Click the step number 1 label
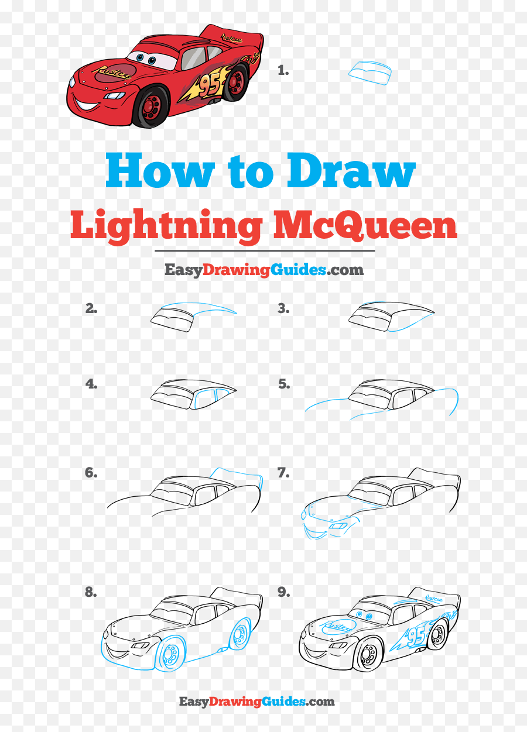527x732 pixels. pos(283,70)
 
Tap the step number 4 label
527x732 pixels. pos(91,384)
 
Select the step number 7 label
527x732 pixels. pos(283,473)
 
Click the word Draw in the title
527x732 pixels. pos(351,171)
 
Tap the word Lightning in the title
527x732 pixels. pos(166,225)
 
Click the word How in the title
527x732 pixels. pos(160,171)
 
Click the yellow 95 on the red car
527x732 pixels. pos(209,85)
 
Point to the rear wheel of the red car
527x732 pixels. pos(236,82)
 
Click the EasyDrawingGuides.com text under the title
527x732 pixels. pos(264,270)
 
